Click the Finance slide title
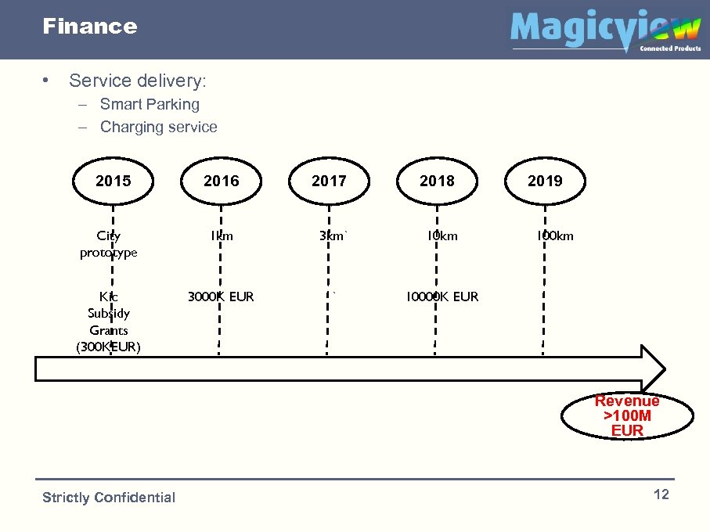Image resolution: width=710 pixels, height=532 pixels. pyautogui.click(x=89, y=27)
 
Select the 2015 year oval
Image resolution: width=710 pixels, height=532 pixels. pyautogui.click(x=114, y=182)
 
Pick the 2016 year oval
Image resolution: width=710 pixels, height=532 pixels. pyautogui.click(x=222, y=182)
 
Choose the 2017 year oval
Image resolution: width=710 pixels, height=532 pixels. pyautogui.click(x=329, y=182)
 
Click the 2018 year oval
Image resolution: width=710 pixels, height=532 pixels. pyautogui.click(x=437, y=182)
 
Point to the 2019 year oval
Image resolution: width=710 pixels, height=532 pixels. pyautogui.click(x=545, y=182)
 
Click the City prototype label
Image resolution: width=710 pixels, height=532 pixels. pyautogui.click(x=109, y=243)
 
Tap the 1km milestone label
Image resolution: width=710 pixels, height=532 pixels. pyautogui.click(x=222, y=235)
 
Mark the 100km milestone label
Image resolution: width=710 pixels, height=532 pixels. pyautogui.click(x=554, y=235)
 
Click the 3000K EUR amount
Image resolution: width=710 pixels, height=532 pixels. pyautogui.click(x=221, y=297)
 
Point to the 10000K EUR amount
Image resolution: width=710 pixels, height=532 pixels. pyautogui.click(x=441, y=297)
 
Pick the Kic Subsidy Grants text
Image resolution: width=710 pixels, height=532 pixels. pyautogui.click(x=109, y=322)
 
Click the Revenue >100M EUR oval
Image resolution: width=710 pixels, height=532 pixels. pyautogui.click(x=627, y=415)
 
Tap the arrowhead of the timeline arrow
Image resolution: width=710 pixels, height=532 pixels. pyautogui.click(x=652, y=368)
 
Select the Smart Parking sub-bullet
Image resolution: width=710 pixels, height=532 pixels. pyautogui.click(x=150, y=104)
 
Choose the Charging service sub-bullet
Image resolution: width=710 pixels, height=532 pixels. pyautogui.click(x=158, y=127)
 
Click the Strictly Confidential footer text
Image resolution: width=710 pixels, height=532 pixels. pyautogui.click(x=109, y=498)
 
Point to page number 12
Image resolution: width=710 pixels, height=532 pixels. pyautogui.click(x=661, y=494)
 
